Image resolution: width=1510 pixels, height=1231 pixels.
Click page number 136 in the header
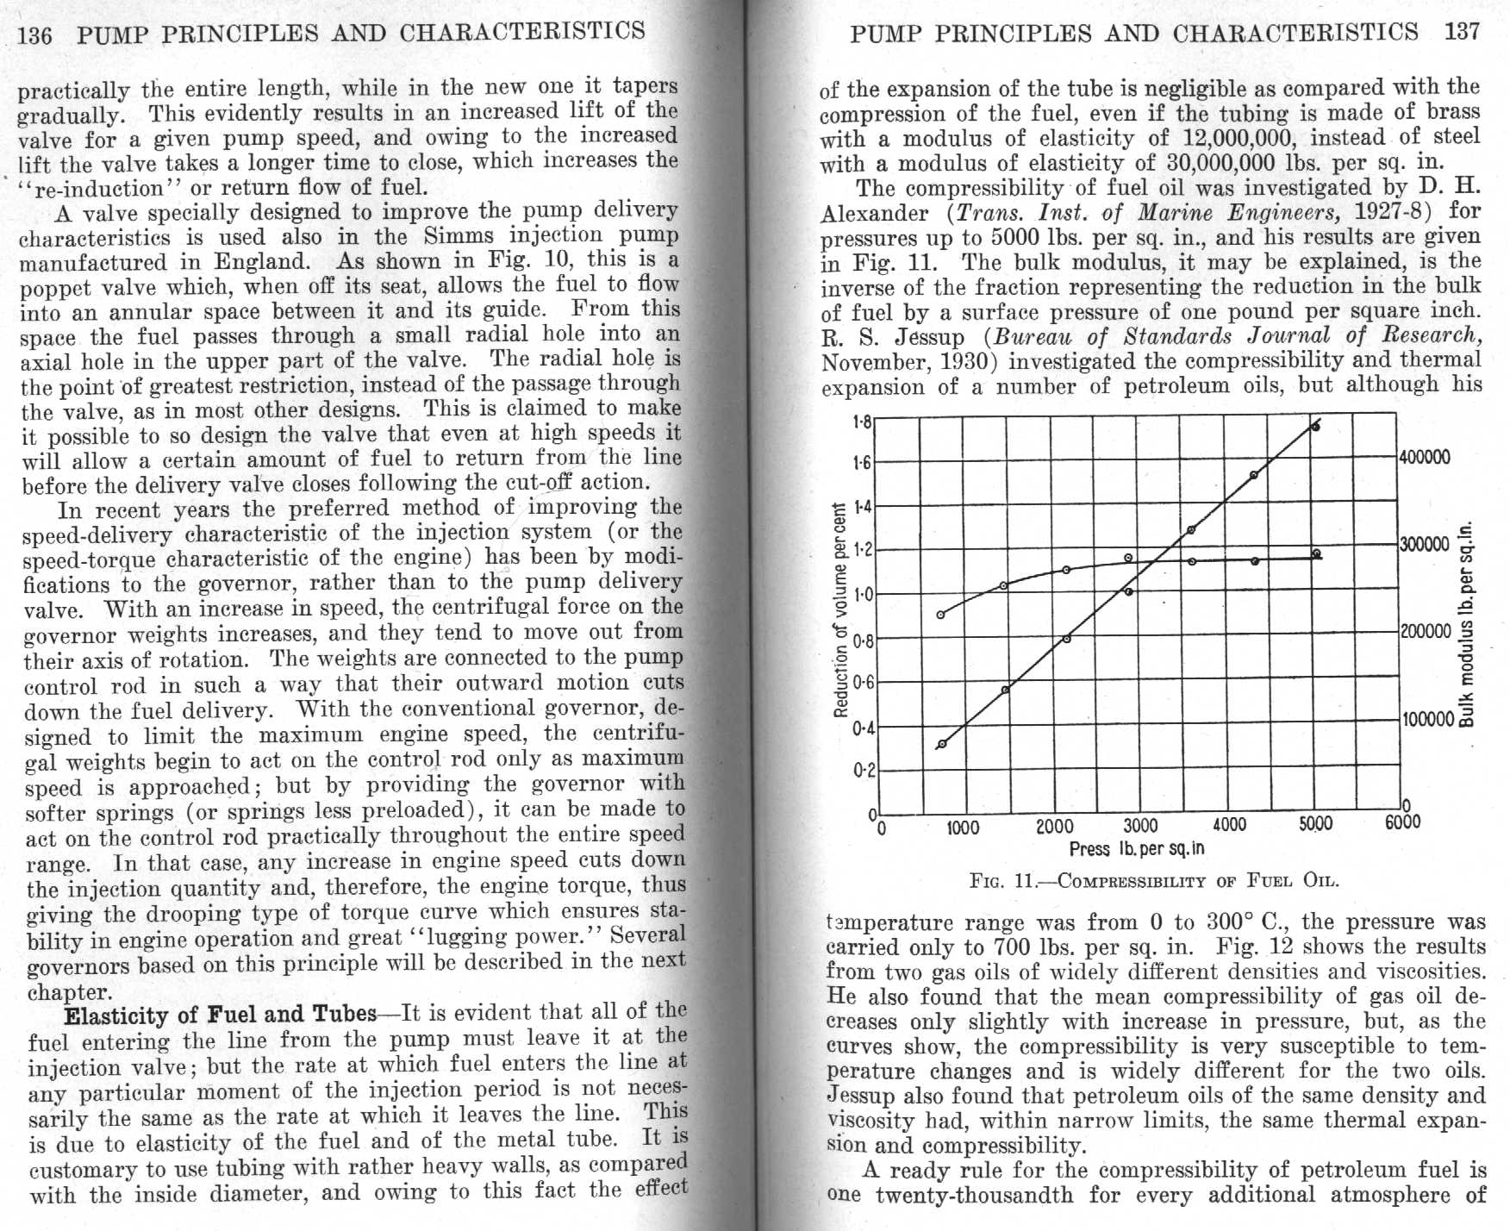(34, 35)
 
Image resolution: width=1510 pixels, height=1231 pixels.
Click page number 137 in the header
(1462, 32)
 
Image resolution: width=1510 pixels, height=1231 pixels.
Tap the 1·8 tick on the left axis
(862, 422)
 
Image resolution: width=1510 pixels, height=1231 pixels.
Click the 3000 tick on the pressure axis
(1140, 826)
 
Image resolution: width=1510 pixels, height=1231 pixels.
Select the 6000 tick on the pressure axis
(1402, 822)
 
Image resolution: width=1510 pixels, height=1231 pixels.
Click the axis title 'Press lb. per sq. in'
(1136, 849)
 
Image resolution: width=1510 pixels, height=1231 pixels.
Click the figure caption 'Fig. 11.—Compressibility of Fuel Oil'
(1154, 881)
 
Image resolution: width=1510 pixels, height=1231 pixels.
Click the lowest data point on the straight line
(942, 744)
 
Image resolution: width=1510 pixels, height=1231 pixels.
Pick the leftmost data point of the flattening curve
(940, 615)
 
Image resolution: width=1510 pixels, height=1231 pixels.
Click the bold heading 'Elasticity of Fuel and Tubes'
(221, 1015)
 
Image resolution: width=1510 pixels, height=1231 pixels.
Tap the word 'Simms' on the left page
(458, 235)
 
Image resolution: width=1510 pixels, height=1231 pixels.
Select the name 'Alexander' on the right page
(874, 212)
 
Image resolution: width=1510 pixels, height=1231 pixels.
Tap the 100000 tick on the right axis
(1427, 719)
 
